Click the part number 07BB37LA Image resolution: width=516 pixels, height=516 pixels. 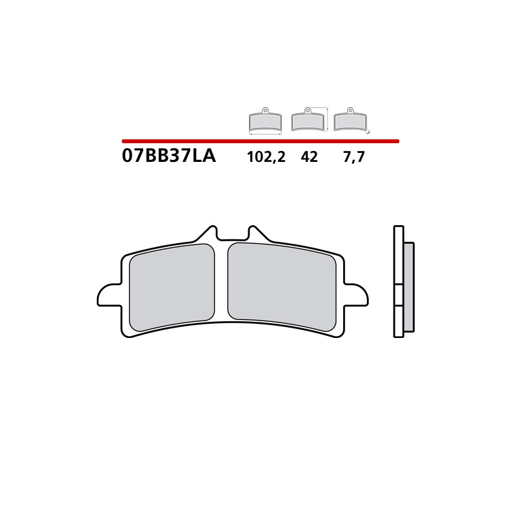(168, 157)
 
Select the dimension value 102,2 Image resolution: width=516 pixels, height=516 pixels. (266, 157)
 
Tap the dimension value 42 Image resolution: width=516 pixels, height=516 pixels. (309, 157)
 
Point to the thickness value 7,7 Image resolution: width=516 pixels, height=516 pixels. (353, 157)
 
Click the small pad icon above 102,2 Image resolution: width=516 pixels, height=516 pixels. (265, 121)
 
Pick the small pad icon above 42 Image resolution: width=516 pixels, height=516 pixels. (308, 121)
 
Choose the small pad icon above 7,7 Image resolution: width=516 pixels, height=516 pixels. (350, 121)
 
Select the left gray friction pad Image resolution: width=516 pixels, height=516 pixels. (172, 288)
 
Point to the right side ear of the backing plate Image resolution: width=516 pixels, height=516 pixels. (357, 295)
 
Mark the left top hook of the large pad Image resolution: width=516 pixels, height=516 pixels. (208, 233)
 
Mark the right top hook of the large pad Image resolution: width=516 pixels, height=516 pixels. (255, 233)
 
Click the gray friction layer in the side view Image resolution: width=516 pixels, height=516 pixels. (408, 287)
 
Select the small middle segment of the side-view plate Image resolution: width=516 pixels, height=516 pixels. (399, 294)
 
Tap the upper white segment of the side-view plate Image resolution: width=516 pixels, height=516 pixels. (399, 255)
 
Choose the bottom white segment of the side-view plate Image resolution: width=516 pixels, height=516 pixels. (399, 321)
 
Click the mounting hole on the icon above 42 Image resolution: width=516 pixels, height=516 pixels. (308, 110)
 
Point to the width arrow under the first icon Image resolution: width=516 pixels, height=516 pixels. (265, 134)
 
